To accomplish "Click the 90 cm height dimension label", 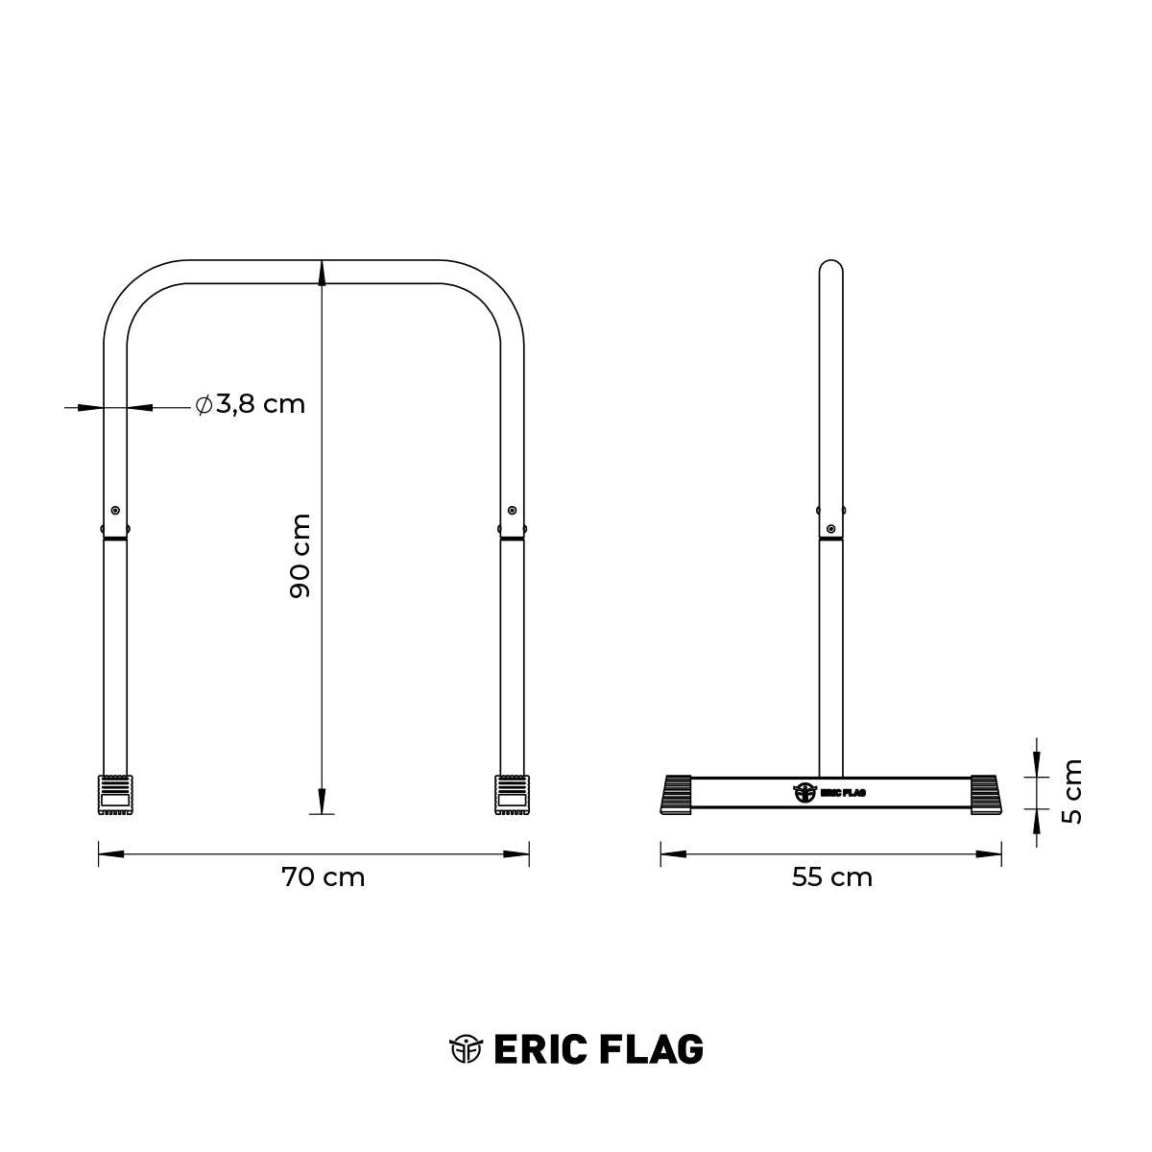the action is (x=300, y=556).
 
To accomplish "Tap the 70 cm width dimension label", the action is (x=323, y=877).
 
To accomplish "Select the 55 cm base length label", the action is (x=832, y=877).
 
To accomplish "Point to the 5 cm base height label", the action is (x=1072, y=791).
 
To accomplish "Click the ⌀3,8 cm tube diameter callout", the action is (x=251, y=405).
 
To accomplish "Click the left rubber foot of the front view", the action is (x=115, y=795).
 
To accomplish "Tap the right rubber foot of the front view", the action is (x=513, y=795).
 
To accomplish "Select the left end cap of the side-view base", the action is (x=676, y=794).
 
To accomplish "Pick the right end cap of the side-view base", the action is (x=987, y=794).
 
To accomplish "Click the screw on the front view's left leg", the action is (x=115, y=510).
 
